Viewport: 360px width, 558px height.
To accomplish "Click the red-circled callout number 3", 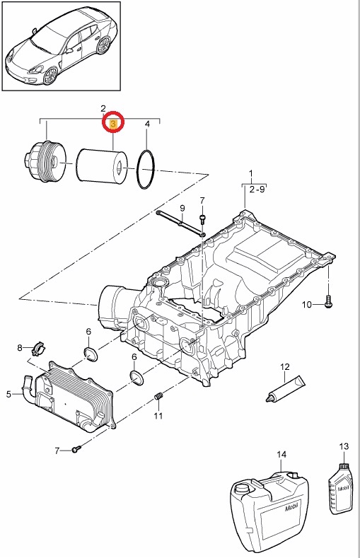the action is click(113, 124).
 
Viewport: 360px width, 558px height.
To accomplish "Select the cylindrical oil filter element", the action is click(101, 165).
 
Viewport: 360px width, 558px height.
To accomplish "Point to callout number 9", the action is click(182, 208).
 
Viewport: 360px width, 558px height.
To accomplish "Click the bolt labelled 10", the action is click(328, 301).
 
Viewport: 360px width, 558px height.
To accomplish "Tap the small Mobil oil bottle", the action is click(341, 487).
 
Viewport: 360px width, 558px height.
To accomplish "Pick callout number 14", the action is click(281, 455).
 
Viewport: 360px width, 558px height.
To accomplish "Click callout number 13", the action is click(344, 446).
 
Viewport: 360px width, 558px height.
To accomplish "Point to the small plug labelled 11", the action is click(159, 396).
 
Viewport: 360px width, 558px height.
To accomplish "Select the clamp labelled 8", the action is click(39, 348).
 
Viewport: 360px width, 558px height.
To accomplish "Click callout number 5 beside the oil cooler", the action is click(9, 394).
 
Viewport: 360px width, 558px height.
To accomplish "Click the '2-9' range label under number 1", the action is click(257, 190).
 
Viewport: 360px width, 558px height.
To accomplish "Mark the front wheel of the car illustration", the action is click(49, 75).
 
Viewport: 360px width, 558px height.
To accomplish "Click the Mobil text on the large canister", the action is click(291, 506).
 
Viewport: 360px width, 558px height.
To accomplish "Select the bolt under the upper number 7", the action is click(202, 218).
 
